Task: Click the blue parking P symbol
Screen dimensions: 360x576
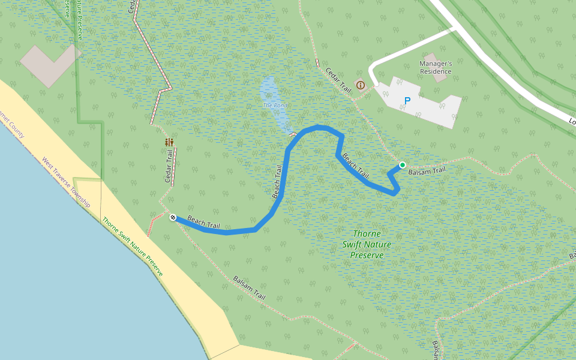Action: pyautogui.click(x=407, y=101)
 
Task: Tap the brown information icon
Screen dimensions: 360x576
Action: pyautogui.click(x=360, y=85)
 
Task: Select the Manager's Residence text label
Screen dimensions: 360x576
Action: pyautogui.click(x=436, y=67)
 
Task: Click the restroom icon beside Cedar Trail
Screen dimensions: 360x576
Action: pyautogui.click(x=170, y=142)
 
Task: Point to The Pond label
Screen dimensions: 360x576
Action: pyautogui.click(x=275, y=106)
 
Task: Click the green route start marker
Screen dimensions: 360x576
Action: pyautogui.click(x=402, y=165)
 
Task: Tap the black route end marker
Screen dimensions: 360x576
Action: pyautogui.click(x=173, y=217)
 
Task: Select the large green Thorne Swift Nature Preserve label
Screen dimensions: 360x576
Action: pyautogui.click(x=367, y=244)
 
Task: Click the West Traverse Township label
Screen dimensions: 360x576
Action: pyautogui.click(x=65, y=182)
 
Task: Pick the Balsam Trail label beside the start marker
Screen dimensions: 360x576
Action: pyautogui.click(x=427, y=171)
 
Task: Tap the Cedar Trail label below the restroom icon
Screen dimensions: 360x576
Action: pyautogui.click(x=169, y=168)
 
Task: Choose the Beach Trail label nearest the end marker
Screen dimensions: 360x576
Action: pyautogui.click(x=203, y=222)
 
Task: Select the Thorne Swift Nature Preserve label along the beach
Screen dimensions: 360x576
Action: pyautogui.click(x=132, y=246)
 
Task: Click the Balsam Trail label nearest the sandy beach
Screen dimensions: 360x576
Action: pyautogui.click(x=249, y=289)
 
